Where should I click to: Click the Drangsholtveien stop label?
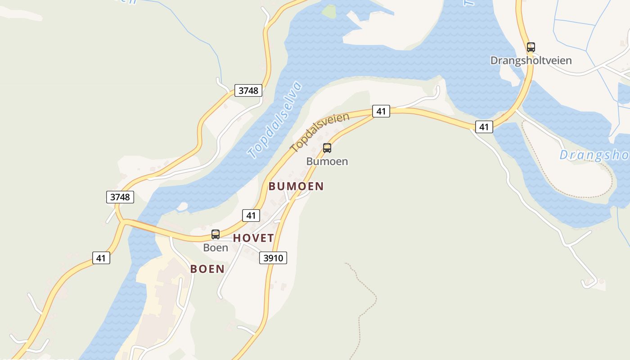pos(531,60)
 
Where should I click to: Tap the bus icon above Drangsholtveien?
pos(531,47)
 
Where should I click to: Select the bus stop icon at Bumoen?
pos(327,148)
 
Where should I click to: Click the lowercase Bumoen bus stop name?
pos(327,161)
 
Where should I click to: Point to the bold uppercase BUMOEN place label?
pos(296,186)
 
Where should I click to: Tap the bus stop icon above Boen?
pos(216,234)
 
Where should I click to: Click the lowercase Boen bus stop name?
pos(216,247)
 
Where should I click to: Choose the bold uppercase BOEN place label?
pos(207,269)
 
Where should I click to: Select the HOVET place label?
pos(253,238)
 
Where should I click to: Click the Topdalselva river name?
pos(274,120)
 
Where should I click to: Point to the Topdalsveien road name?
pos(320,132)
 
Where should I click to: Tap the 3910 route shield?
pos(273,258)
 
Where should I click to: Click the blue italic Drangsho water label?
pos(594,155)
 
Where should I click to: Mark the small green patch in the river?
pos(329,11)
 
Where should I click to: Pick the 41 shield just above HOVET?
pos(251,216)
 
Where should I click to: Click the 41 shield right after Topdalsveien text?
pos(381,111)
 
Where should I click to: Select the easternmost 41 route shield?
pos(484,127)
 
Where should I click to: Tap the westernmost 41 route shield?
pos(101,258)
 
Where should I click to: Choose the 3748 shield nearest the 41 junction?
pos(120,197)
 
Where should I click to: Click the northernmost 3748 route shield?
pos(248,90)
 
